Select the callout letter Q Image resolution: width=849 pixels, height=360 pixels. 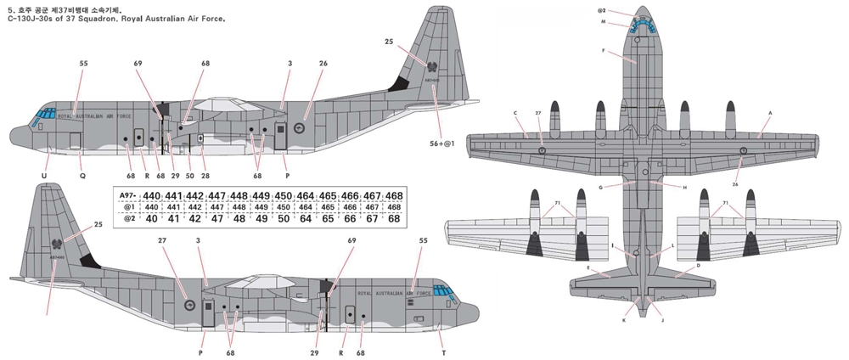click(x=82, y=176)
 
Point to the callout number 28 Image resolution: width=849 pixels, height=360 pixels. click(x=205, y=176)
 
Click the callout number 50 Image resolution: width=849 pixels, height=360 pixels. click(x=189, y=176)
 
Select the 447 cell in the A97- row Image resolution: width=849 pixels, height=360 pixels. click(x=216, y=195)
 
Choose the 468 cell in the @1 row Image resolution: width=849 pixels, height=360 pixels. click(x=394, y=207)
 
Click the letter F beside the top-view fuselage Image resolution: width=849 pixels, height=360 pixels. click(x=604, y=51)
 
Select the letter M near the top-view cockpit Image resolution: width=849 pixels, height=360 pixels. click(x=603, y=23)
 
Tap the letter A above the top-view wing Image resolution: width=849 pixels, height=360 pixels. click(x=769, y=112)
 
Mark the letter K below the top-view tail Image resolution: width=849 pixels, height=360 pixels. click(x=624, y=321)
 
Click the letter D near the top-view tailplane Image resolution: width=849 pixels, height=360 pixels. click(x=698, y=265)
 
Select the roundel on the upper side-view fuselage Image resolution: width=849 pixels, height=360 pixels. click(x=300, y=129)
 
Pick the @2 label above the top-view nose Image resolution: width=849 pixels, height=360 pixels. click(x=601, y=11)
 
